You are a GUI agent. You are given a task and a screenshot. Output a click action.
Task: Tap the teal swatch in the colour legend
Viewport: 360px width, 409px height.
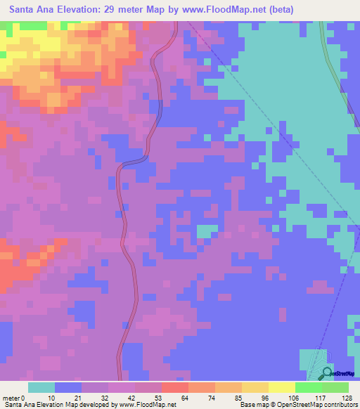pyautogui.click(x=41, y=387)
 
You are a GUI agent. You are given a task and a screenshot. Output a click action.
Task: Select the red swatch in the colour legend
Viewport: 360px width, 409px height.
pyautogui.click(x=175, y=387)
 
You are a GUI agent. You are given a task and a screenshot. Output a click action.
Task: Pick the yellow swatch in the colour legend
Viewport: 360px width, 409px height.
pyautogui.click(x=282, y=387)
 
